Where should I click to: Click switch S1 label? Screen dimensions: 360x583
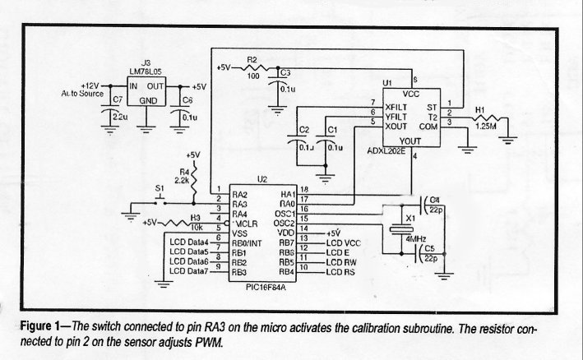(160, 190)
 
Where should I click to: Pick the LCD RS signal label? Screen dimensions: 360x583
(342, 271)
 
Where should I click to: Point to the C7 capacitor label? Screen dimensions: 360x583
(117, 100)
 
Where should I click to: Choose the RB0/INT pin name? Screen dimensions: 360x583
(249, 242)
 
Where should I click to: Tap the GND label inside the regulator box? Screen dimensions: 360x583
(149, 100)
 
